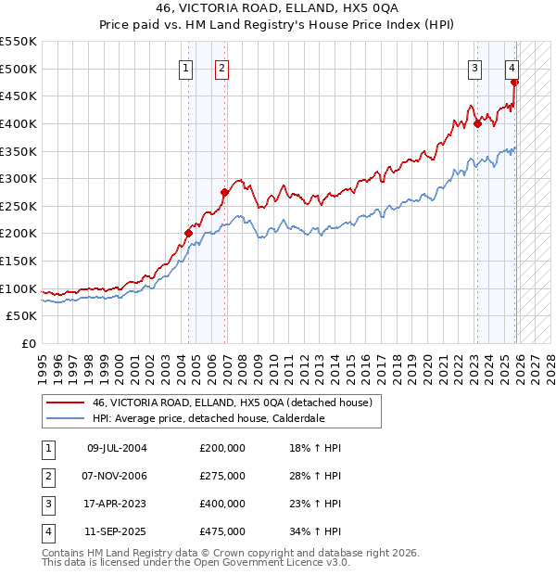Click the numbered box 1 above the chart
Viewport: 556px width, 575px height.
pyautogui.click(x=186, y=67)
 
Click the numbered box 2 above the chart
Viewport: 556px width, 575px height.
pyautogui.click(x=223, y=67)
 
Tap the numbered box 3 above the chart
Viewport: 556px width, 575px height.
pyautogui.click(x=474, y=67)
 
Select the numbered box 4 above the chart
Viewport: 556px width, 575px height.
pyautogui.click(x=512, y=67)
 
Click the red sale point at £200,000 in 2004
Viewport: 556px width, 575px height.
pyautogui.click(x=188, y=234)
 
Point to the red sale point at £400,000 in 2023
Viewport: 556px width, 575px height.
pyautogui.click(x=477, y=123)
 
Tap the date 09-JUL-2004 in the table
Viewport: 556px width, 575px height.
pyautogui.click(x=117, y=448)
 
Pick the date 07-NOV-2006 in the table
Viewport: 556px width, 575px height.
pyautogui.click(x=117, y=476)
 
